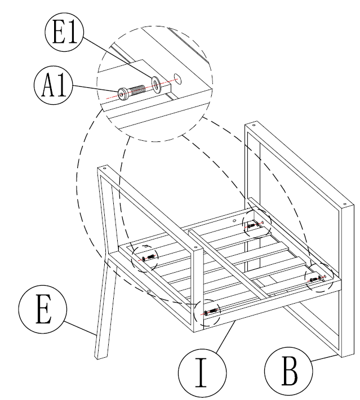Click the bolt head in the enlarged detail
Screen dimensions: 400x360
pyautogui.click(x=123, y=94)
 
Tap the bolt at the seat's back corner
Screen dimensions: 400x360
pyautogui.click(x=253, y=225)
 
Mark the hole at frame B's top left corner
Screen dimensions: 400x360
pyautogui.click(x=252, y=125)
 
